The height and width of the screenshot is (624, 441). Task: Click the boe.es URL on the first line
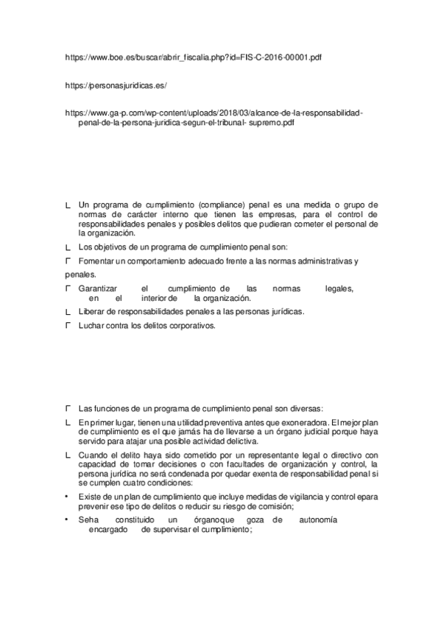(193, 56)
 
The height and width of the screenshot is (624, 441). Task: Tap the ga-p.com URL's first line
(214, 114)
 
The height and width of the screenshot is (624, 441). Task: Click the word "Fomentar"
(95, 261)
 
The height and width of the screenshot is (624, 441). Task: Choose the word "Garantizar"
(99, 289)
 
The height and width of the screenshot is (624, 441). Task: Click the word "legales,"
(339, 289)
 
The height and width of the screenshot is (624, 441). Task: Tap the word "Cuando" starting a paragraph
(94, 455)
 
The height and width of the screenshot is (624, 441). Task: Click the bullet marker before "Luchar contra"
(68, 325)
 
